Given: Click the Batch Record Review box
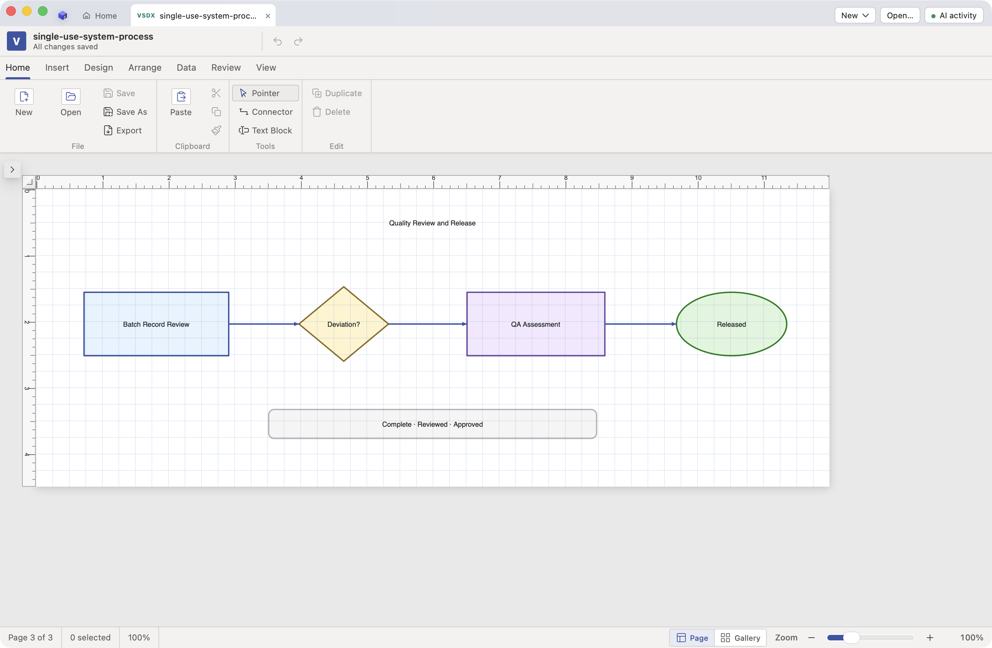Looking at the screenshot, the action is (x=156, y=324).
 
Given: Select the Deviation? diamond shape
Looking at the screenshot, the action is (x=343, y=324).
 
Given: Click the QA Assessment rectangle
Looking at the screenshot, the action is (x=536, y=324).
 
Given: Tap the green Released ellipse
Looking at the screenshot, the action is (x=731, y=324).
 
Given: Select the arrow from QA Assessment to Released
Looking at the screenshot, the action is (x=641, y=324).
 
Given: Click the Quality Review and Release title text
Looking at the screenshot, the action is (x=432, y=223).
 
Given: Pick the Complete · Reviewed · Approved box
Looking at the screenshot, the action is (x=432, y=424).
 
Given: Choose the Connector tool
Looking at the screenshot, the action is (x=266, y=112).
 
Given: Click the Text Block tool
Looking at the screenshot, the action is (x=266, y=131).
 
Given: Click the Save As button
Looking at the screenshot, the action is (x=125, y=112).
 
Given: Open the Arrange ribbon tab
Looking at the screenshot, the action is (x=145, y=68).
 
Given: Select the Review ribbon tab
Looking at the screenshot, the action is (x=226, y=68).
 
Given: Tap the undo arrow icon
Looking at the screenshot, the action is (x=278, y=41).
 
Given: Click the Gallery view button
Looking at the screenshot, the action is (x=740, y=638).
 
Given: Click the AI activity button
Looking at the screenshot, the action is (x=954, y=16).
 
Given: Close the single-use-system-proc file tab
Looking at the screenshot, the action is (x=268, y=16).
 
